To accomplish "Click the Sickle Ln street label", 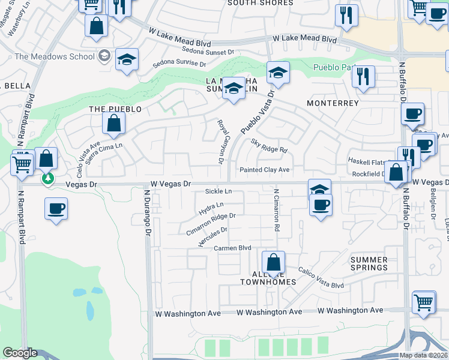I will point(218,191).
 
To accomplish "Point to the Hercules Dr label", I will point(212,236).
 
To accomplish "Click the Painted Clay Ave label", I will point(265,170).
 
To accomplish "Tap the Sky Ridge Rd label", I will point(270,146).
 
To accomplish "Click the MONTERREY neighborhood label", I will point(333,103).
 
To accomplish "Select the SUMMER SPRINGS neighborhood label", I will point(369,263).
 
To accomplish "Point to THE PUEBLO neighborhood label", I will point(115,109).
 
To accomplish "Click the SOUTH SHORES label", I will point(261,3).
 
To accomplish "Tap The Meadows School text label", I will point(55,56).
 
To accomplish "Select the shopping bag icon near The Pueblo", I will point(113,124).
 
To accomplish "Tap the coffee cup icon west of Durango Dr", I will point(56,208).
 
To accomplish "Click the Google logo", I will point(20,353).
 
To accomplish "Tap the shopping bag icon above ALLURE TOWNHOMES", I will point(273,262).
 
